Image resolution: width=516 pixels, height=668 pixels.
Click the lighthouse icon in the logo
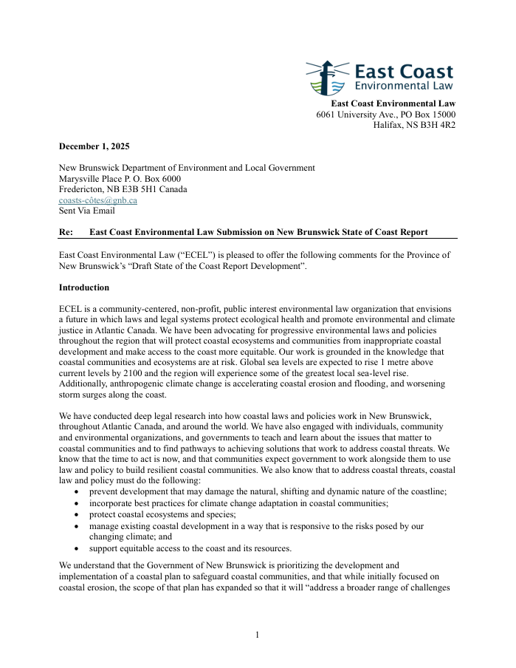pos(326,78)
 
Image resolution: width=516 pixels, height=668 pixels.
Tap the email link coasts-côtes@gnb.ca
pos(97,200)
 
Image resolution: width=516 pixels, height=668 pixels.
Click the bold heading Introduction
pos(84,287)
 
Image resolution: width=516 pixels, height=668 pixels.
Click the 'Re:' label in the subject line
pos(66,232)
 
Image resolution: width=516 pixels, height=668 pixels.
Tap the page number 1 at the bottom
pos(258,635)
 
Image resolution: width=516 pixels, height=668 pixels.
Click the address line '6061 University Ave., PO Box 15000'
pos(385,115)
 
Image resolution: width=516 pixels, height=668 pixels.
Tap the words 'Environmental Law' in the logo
pos(403,86)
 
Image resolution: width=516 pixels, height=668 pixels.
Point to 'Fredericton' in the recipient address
pos(82,189)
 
